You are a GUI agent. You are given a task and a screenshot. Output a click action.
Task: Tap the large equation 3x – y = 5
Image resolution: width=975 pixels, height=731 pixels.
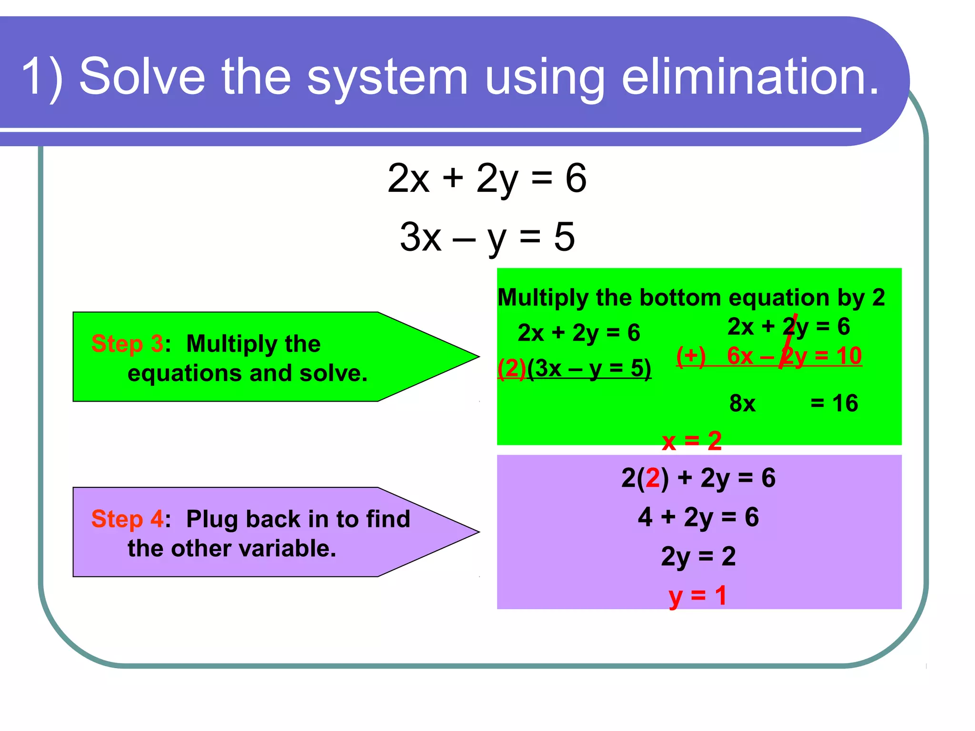(487, 237)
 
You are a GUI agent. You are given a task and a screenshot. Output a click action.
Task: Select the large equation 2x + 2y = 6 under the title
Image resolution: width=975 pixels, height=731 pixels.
(487, 178)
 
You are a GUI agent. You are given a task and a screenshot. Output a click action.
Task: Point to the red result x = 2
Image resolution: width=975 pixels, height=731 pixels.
(691, 441)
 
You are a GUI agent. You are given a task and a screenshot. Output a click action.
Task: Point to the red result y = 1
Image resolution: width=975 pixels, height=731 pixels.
(697, 596)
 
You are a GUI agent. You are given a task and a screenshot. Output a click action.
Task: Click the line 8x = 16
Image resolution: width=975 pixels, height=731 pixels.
(793, 403)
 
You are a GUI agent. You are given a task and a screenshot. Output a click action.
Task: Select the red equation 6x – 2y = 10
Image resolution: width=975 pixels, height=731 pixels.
(794, 356)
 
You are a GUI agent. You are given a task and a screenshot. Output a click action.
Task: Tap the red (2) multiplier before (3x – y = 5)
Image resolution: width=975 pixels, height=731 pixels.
(511, 368)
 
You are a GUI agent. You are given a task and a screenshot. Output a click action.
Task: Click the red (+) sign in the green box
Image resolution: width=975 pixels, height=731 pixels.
(691, 356)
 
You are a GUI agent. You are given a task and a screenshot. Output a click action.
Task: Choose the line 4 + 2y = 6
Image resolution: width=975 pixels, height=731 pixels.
(698, 517)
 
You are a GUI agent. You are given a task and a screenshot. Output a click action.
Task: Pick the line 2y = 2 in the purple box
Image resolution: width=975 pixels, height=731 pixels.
(698, 556)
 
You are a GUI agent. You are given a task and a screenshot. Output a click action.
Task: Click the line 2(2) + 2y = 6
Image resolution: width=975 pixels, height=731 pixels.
(698, 478)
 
